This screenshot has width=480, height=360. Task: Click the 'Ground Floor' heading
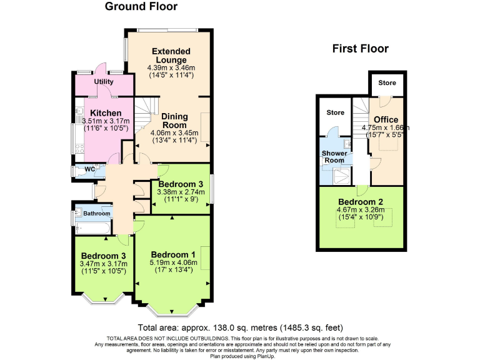click(141, 7)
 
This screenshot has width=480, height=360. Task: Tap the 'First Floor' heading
click(360, 49)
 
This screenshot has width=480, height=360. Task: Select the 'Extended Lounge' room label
click(171, 55)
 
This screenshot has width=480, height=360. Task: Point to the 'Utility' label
click(104, 82)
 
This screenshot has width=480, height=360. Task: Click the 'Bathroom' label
click(97, 214)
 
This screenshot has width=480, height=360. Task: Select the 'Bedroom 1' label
click(173, 254)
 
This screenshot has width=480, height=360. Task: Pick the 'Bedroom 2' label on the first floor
click(360, 202)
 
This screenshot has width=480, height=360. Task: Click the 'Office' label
click(386, 120)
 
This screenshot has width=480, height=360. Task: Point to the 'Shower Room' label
click(334, 157)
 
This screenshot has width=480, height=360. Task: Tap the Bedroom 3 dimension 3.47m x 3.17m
click(104, 264)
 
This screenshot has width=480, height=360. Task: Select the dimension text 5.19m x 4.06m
click(173, 263)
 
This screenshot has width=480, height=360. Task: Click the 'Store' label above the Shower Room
click(335, 113)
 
